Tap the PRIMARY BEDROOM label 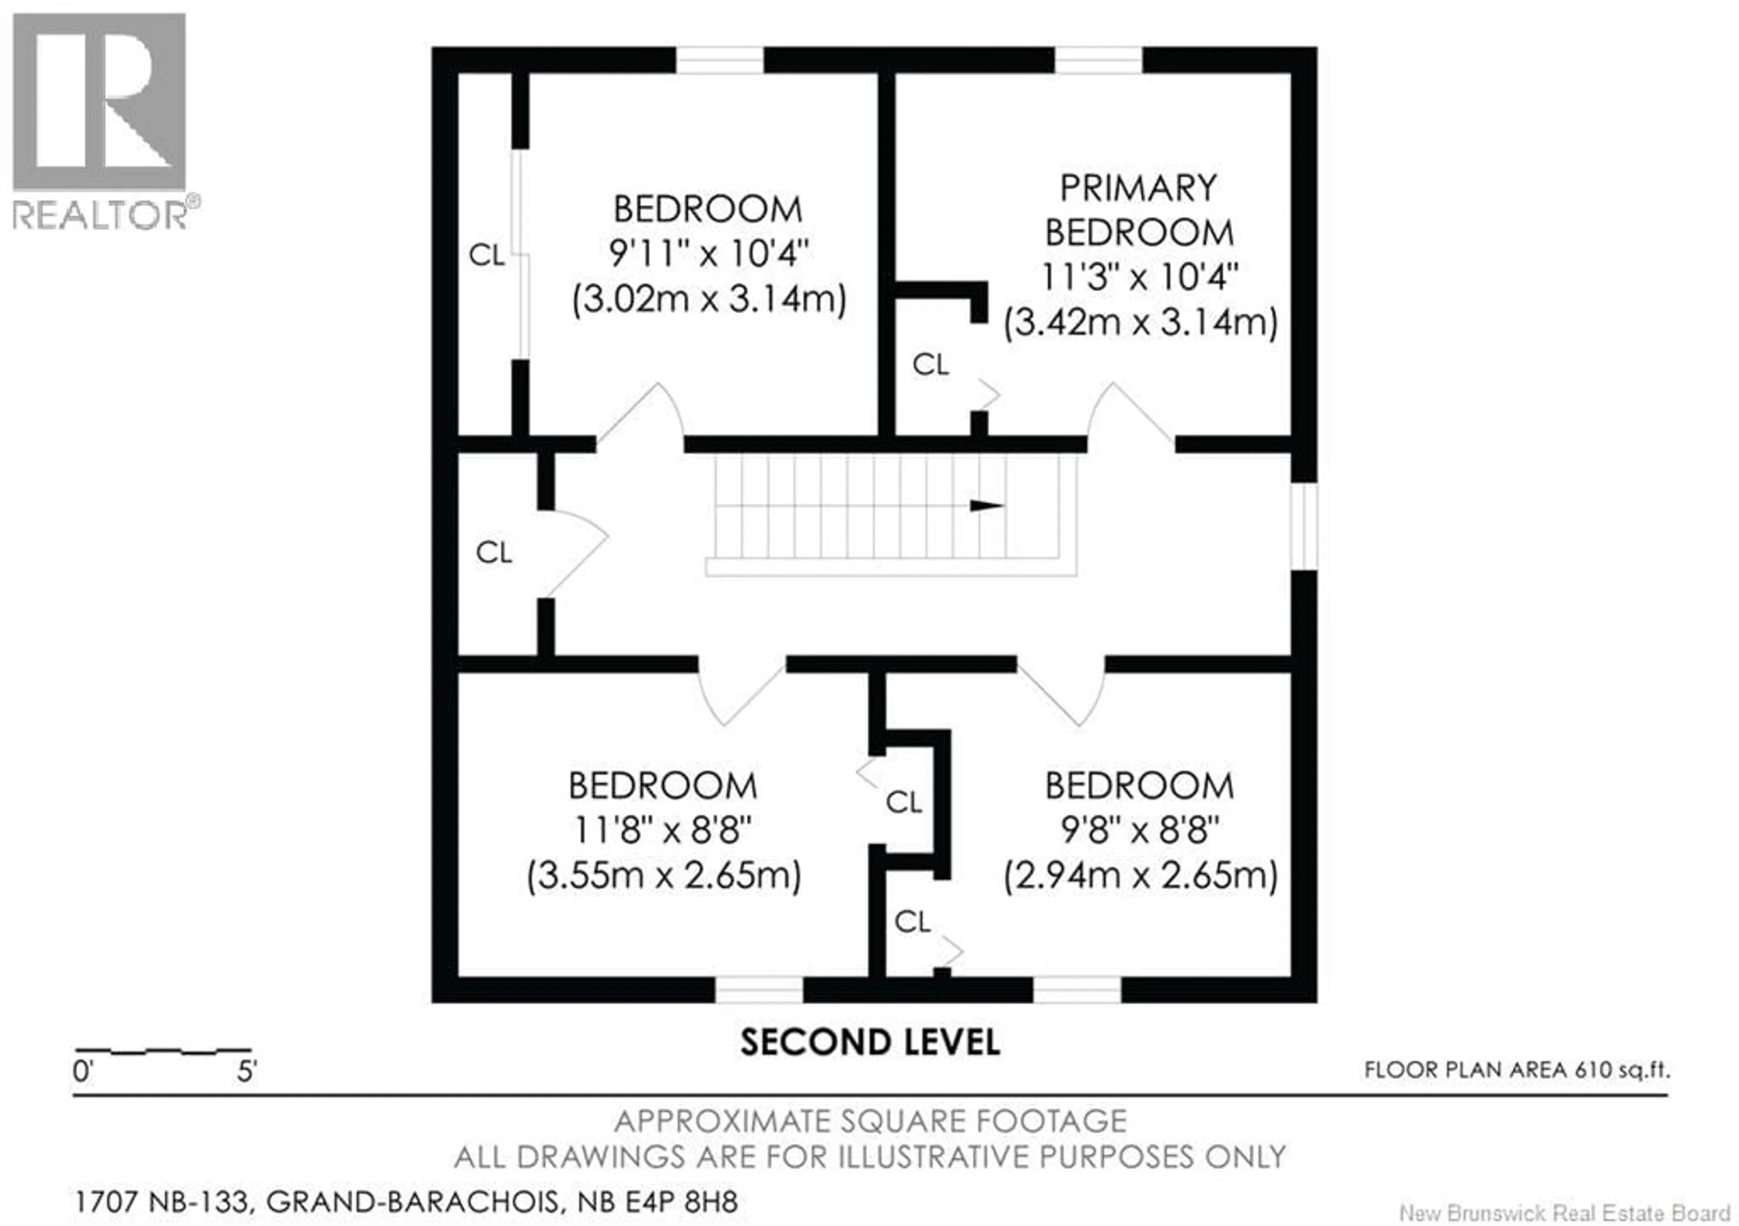tap(1139, 210)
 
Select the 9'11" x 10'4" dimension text tap(709, 253)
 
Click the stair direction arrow tap(986, 505)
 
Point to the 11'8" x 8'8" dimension tap(663, 831)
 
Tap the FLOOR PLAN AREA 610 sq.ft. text tap(1516, 1070)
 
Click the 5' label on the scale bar tap(247, 1072)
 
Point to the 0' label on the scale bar tap(82, 1072)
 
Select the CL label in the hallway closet tap(494, 553)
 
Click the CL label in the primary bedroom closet tap(930, 365)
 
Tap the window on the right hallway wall tap(1304, 526)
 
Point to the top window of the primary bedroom tap(1098, 60)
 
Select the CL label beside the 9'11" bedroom tap(486, 255)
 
